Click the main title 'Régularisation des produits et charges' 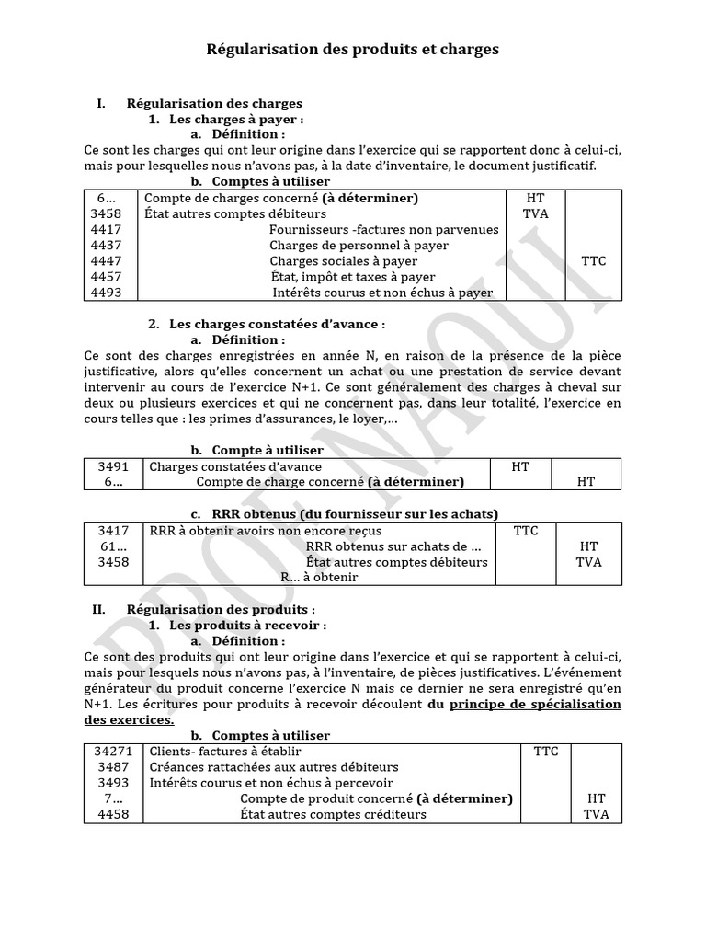click(x=352, y=50)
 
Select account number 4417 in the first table click(x=107, y=230)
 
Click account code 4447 click(x=107, y=261)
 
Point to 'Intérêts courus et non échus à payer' click(x=382, y=293)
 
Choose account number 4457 click(x=107, y=277)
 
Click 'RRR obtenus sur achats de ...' click(x=393, y=546)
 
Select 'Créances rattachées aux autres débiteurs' click(x=274, y=767)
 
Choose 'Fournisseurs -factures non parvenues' click(x=384, y=230)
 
